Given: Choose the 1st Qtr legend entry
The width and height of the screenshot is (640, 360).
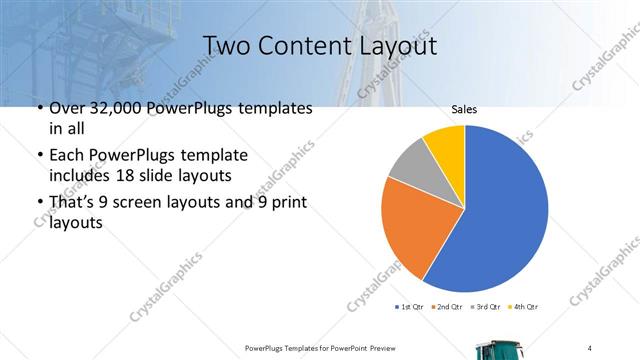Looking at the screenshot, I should [411, 306].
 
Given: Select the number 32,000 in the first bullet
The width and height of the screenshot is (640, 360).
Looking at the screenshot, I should [113, 108].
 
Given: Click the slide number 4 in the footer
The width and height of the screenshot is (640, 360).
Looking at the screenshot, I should [590, 347].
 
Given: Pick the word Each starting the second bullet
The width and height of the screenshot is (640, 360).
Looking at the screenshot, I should [67, 155].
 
